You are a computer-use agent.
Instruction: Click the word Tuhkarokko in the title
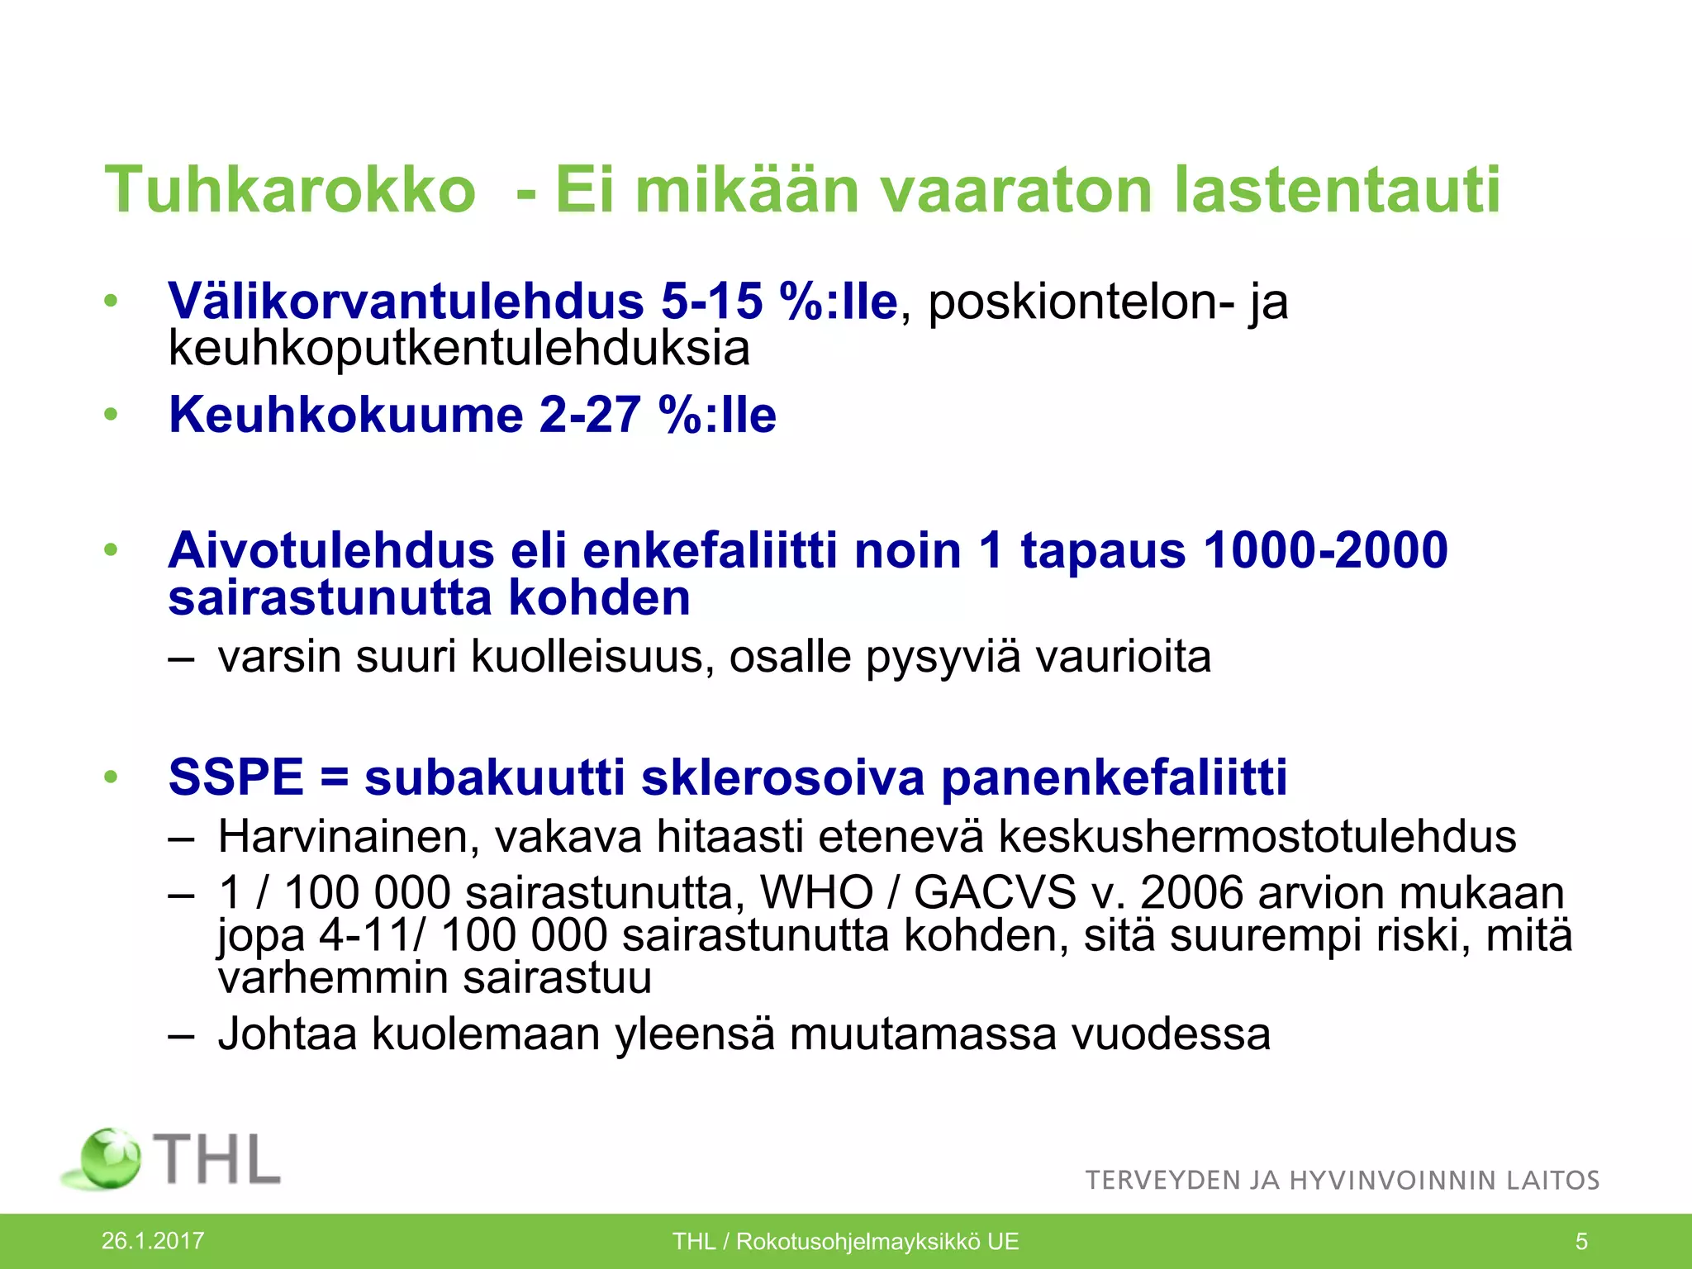tap(290, 190)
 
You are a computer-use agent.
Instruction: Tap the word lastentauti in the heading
tap(1336, 190)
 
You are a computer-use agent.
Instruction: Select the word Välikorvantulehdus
tap(406, 301)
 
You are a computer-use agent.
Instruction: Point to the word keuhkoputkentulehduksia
tap(459, 349)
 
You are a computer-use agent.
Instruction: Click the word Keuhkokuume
tap(345, 414)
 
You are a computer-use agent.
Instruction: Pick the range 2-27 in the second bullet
tap(590, 414)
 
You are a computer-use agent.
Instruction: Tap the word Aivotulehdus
tap(330, 550)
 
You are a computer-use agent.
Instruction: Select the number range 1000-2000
tap(1325, 550)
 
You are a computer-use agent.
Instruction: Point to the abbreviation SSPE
tap(235, 777)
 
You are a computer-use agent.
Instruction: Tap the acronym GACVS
tap(995, 893)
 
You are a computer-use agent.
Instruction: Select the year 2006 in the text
tap(1192, 893)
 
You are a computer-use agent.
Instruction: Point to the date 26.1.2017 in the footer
tap(153, 1240)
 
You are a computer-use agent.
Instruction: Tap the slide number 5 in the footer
tap(1581, 1241)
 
